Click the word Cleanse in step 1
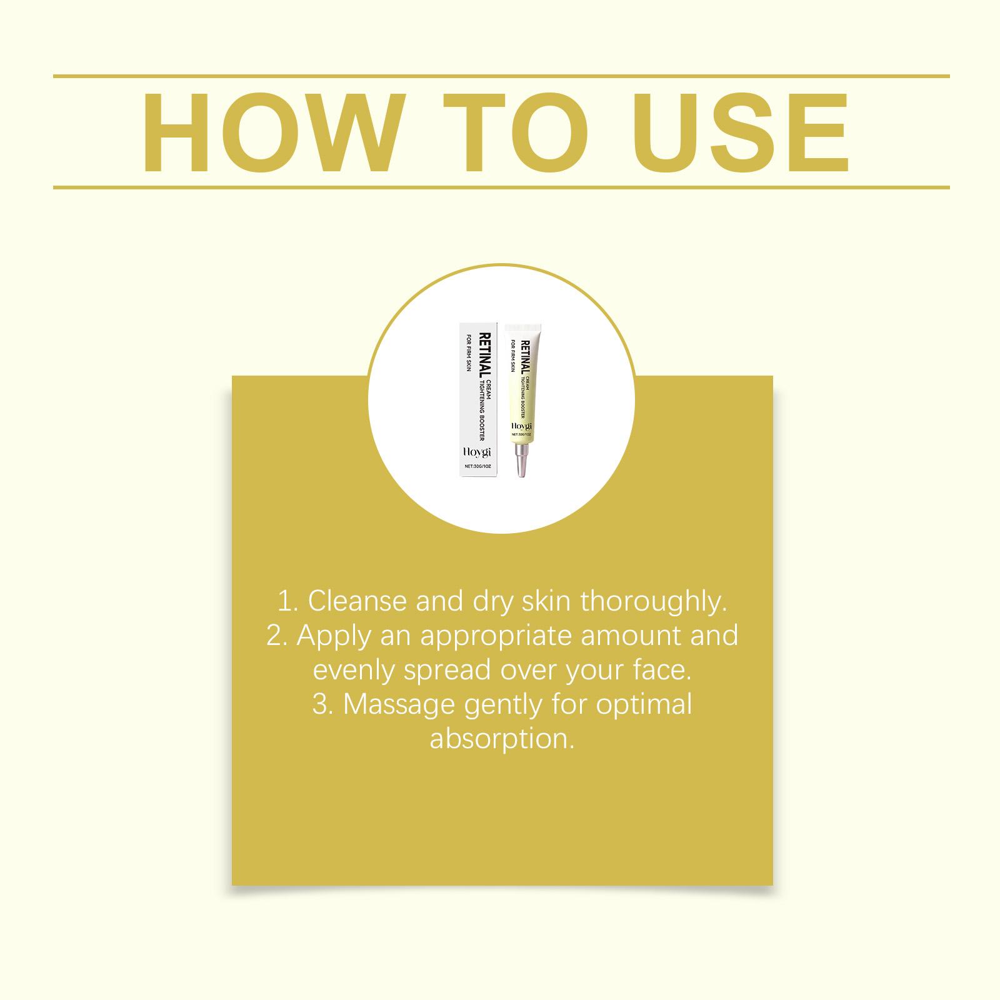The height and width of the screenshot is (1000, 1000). coord(357,601)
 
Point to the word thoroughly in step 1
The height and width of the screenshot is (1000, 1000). coord(654,602)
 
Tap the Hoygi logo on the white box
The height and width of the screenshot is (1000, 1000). coord(478,452)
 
